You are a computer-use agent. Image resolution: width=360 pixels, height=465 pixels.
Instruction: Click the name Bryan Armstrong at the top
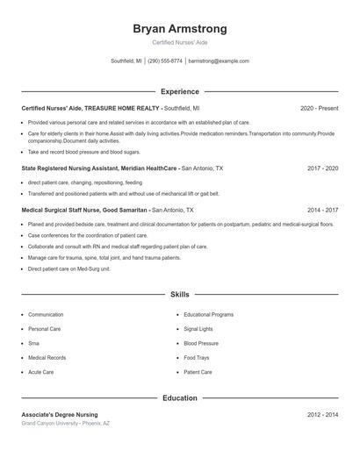pyautogui.click(x=179, y=28)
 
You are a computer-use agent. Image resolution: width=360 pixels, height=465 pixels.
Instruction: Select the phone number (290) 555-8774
pyautogui.click(x=165, y=61)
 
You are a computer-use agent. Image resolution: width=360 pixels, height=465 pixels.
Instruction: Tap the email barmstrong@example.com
pyautogui.click(x=219, y=61)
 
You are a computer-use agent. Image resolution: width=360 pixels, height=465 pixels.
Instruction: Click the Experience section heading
pyautogui.click(x=179, y=91)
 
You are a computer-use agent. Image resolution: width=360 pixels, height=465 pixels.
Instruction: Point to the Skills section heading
pyautogui.click(x=179, y=296)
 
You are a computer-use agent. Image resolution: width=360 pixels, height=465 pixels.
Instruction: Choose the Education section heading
pyautogui.click(x=179, y=397)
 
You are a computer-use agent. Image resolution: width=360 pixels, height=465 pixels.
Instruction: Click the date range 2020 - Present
pyautogui.click(x=319, y=108)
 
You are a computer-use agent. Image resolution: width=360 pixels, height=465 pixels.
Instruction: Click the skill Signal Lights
pyautogui.click(x=198, y=329)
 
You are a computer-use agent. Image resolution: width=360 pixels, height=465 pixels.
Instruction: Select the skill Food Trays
pyautogui.click(x=197, y=358)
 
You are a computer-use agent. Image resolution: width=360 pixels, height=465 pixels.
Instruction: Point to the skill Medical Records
pyautogui.click(x=47, y=358)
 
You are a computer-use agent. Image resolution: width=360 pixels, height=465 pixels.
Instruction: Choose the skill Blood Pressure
pyautogui.click(x=201, y=343)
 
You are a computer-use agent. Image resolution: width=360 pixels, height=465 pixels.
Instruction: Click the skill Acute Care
pyautogui.click(x=40, y=372)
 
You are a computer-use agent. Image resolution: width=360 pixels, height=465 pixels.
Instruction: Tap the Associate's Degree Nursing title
pyautogui.click(x=60, y=414)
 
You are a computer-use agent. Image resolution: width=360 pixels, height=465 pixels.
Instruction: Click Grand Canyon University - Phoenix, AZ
pyautogui.click(x=66, y=424)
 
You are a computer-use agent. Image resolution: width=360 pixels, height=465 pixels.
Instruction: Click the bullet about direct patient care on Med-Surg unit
pyautogui.click(x=69, y=268)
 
